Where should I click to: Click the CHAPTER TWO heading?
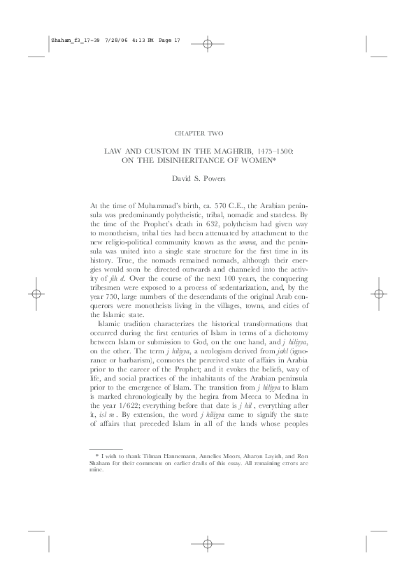coord(208,131)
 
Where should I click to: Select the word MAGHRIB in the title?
coord(238,150)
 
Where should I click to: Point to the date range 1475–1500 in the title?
coord(275,150)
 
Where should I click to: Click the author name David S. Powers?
coord(208,178)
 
